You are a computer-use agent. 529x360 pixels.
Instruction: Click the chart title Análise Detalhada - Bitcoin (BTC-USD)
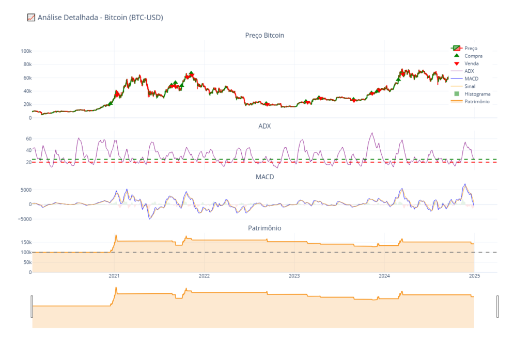(100, 18)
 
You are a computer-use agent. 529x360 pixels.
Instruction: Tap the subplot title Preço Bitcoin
(264, 35)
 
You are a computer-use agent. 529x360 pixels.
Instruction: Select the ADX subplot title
(264, 126)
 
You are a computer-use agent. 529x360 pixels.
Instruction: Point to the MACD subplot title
(264, 177)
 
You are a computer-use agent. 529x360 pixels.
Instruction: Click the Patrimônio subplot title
(264, 228)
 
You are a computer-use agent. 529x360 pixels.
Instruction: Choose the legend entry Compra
(474, 56)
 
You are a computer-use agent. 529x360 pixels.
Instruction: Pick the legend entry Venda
(472, 64)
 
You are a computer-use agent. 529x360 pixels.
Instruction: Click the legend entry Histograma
(477, 94)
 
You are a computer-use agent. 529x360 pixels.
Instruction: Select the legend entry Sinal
(470, 86)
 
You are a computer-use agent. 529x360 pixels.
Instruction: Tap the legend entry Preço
(471, 48)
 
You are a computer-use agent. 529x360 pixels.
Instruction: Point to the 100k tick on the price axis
(26, 51)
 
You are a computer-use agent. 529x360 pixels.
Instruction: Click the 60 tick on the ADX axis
(29, 139)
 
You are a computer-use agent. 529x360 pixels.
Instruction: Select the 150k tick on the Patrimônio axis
(26, 242)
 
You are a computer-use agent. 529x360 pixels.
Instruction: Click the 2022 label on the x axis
(204, 276)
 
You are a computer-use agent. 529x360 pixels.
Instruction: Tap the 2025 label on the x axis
(475, 276)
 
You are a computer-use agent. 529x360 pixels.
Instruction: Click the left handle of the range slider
(32, 306)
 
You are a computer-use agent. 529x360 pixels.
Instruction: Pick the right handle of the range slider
(497, 306)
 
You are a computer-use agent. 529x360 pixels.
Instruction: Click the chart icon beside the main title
(31, 18)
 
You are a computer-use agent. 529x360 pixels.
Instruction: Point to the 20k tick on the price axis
(27, 104)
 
